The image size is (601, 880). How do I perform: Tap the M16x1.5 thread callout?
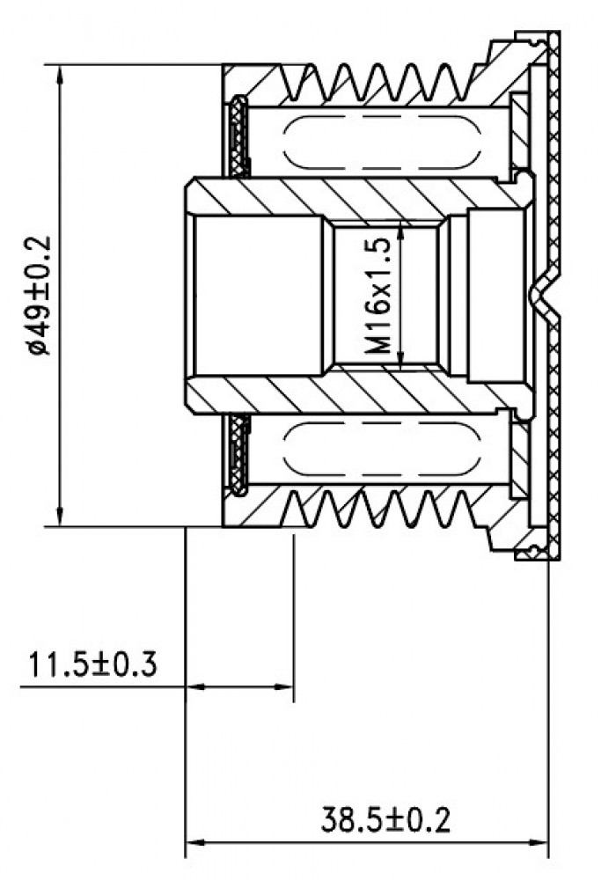pos(377,296)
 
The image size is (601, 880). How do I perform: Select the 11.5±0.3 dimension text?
pos(92,664)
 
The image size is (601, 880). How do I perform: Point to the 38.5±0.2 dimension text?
pos(385,820)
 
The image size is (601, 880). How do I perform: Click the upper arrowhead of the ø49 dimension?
pos(60,75)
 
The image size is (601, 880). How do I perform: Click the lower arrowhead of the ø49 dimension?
pos(60,517)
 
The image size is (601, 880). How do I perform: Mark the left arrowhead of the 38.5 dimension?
pos(195,842)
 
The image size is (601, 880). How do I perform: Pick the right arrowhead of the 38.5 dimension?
pos(539,842)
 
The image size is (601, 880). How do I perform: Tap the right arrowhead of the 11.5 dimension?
pos(284,686)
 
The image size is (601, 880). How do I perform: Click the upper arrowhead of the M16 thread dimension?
pos(400,230)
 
